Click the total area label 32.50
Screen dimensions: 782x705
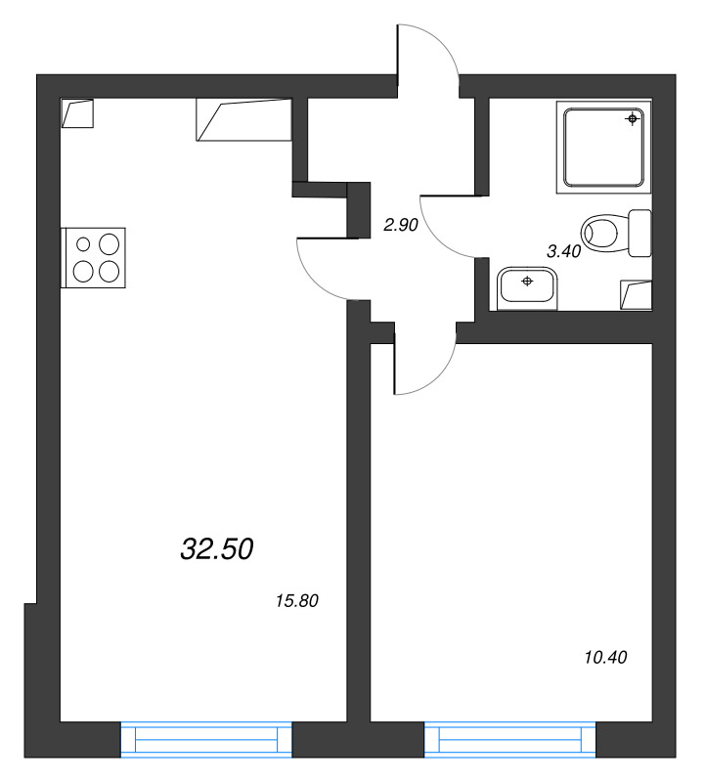pos(217,549)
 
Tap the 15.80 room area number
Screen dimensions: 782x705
pos(299,601)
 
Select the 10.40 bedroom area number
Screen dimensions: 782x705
pos(604,657)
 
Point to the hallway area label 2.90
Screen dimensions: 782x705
pos(401,225)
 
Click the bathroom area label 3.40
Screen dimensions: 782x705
pos(563,251)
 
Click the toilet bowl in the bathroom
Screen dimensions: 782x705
pos(602,234)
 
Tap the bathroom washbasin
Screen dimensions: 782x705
pos(527,287)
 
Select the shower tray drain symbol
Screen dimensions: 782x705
pos(633,119)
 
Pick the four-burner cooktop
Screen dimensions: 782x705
pos(94,257)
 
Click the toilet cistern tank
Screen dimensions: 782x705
pos(640,233)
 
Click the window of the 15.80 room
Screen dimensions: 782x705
pos(206,739)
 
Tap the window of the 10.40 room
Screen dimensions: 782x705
pos(510,739)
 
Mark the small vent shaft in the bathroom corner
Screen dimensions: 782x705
pos(637,293)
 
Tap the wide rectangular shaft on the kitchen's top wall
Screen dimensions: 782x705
pos(243,119)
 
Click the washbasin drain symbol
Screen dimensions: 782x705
pos(527,282)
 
